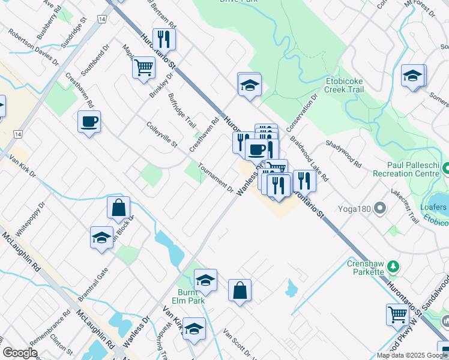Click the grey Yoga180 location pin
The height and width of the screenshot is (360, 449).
click(x=379, y=209)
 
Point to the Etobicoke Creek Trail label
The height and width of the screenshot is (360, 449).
click(x=352, y=84)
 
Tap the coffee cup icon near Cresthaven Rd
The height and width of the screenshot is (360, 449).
click(x=89, y=122)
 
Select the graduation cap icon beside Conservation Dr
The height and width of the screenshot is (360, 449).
click(x=249, y=85)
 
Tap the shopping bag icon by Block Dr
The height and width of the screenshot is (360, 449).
click(x=119, y=208)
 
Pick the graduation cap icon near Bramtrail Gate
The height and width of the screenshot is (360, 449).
click(x=101, y=238)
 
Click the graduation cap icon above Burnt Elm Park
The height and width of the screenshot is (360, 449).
click(x=205, y=280)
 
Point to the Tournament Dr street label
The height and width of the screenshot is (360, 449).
click(x=215, y=178)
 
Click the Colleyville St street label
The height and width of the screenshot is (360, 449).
click(x=162, y=135)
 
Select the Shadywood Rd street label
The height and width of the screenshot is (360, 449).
click(x=343, y=154)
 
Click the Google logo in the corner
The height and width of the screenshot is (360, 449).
click(x=20, y=352)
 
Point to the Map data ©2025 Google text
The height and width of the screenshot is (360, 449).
click(x=411, y=355)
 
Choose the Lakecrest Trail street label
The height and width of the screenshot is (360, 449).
click(x=405, y=207)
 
